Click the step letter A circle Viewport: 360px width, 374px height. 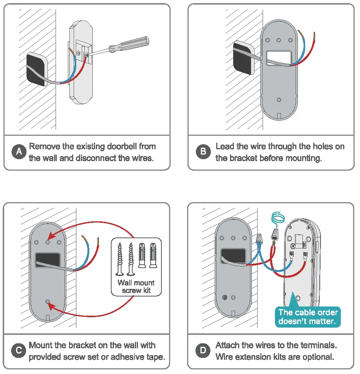(18, 152)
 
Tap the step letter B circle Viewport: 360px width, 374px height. (202, 152)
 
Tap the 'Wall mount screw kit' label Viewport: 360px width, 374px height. (136, 287)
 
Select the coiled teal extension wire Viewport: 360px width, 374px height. (278, 218)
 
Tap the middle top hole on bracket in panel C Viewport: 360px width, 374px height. (48, 242)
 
